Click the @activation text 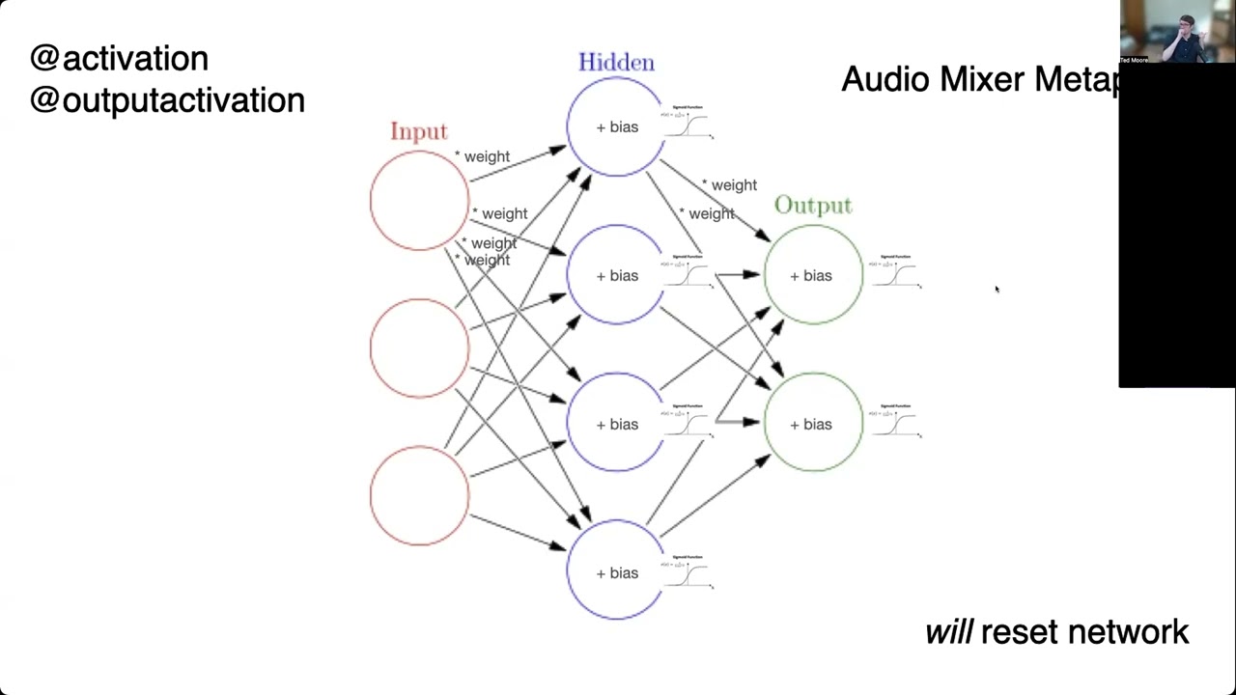[119, 59]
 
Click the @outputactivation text [167, 100]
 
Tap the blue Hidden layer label [616, 63]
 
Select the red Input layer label [419, 131]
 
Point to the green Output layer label [813, 206]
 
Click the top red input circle [419, 201]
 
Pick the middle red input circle [419, 347]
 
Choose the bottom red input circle [419, 495]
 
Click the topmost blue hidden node [616, 126]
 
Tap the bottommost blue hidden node [616, 571]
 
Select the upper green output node [813, 275]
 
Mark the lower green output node [813, 423]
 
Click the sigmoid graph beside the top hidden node [688, 123]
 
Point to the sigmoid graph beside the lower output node [896, 422]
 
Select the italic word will [948, 633]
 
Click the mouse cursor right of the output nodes [997, 289]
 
